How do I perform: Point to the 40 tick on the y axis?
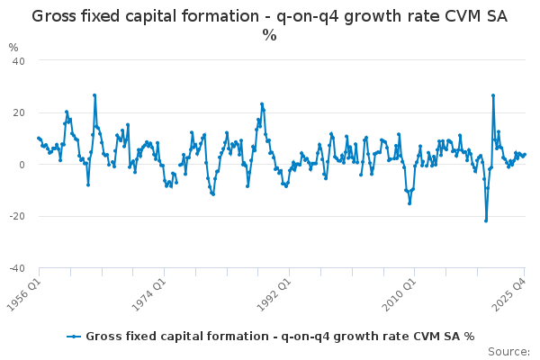click(x=18, y=60)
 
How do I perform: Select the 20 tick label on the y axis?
click(x=18, y=112)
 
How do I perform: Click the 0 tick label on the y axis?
click(x=21, y=165)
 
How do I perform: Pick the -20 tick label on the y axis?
click(x=16, y=217)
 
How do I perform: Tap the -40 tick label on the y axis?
click(x=16, y=269)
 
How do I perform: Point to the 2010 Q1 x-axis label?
click(x=400, y=289)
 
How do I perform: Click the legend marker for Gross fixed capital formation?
click(x=75, y=337)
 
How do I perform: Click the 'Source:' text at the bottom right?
click(x=508, y=352)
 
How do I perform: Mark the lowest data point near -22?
click(x=486, y=220)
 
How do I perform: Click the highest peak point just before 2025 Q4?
click(x=493, y=95)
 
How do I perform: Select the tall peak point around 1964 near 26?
click(x=94, y=95)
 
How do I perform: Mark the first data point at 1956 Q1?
click(x=38, y=138)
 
